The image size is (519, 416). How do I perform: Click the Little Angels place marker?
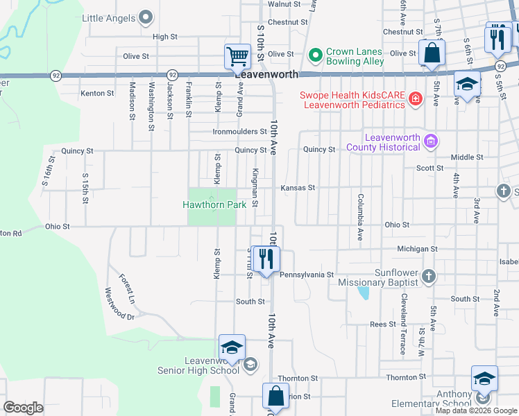pyautogui.click(x=145, y=17)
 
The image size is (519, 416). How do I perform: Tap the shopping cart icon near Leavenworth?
pyautogui.click(x=237, y=56)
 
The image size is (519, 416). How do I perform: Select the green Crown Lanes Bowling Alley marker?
pyautogui.click(x=315, y=53)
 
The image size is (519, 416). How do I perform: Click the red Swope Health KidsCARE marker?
pyautogui.click(x=415, y=99)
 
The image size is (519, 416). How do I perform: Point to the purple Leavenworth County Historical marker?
pyautogui.click(x=430, y=141)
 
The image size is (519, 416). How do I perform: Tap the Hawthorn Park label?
pyautogui.click(x=210, y=205)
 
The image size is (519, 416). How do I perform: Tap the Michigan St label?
pyautogui.click(x=416, y=248)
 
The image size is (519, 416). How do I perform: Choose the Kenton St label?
pyautogui.click(x=97, y=93)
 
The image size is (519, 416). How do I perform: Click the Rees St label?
pyautogui.click(x=382, y=324)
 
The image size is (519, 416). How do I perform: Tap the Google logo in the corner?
pyautogui.click(x=23, y=408)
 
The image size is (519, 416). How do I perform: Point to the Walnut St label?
pyautogui.click(x=284, y=4)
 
